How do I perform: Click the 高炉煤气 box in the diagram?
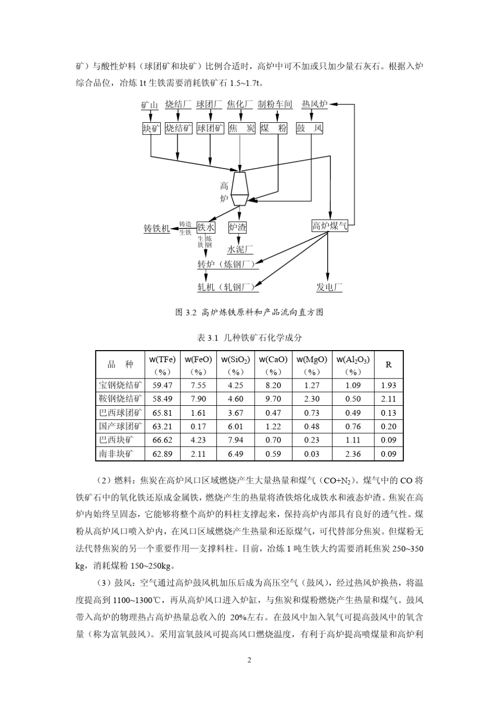(329, 226)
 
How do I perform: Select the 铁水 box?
(206, 227)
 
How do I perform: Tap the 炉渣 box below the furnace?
(237, 227)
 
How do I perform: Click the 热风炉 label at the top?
(314, 104)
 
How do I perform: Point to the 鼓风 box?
(309, 128)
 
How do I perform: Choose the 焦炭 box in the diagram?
(242, 128)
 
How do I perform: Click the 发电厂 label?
(329, 287)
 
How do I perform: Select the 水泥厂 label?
(240, 249)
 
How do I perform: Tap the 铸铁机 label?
(157, 228)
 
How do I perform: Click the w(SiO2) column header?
(235, 365)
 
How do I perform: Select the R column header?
(389, 365)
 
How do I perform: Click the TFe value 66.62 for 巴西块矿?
(162, 440)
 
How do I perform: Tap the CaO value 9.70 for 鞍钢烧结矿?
(273, 399)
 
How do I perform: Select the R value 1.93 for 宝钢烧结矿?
(389, 385)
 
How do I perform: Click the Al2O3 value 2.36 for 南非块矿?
(353, 454)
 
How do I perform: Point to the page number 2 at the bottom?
(250, 660)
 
